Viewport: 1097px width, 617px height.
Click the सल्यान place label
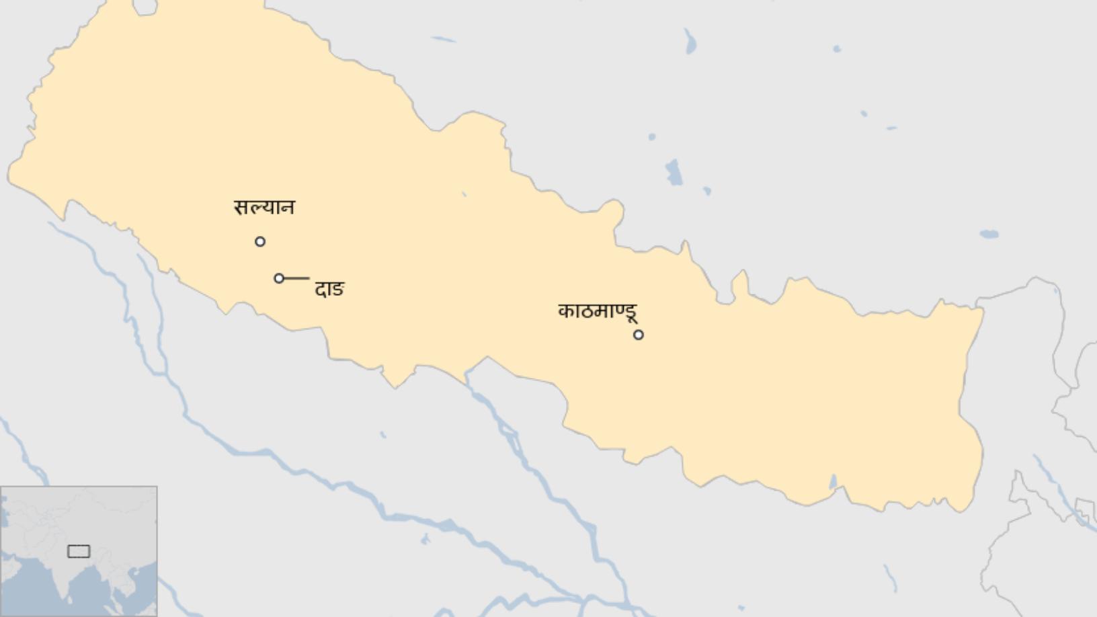(x=264, y=207)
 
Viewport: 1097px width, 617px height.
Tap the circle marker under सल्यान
(x=260, y=241)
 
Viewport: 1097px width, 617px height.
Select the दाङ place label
(x=329, y=289)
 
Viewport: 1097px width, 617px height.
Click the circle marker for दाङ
(x=279, y=278)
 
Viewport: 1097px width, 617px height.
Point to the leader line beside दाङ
(x=296, y=278)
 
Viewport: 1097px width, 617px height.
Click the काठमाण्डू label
(x=598, y=311)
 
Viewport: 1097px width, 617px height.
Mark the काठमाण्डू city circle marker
(x=639, y=334)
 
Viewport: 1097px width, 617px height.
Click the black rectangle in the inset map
(x=79, y=551)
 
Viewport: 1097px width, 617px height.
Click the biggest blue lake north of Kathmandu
(x=674, y=172)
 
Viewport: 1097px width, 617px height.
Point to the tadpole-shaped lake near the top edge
(x=690, y=42)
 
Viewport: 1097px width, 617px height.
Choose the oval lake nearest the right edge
(x=989, y=235)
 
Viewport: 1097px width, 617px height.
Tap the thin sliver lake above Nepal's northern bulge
(x=443, y=39)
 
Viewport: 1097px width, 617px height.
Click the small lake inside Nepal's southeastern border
(x=834, y=482)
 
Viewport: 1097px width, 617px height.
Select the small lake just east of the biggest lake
(x=706, y=191)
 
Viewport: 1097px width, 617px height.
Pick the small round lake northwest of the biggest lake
(x=651, y=137)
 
